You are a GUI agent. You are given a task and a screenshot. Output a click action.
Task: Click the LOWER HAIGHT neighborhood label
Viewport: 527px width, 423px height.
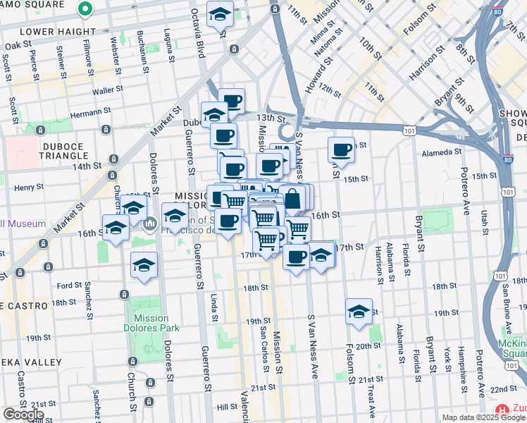click(58, 32)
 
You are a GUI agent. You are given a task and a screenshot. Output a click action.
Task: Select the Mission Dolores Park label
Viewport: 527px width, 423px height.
click(156, 323)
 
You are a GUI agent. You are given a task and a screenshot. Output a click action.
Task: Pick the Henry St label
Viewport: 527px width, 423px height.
click(29, 188)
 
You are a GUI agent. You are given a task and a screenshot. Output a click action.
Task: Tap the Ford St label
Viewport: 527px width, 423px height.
click(69, 286)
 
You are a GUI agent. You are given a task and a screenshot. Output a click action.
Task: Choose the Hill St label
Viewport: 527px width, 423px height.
click(228, 407)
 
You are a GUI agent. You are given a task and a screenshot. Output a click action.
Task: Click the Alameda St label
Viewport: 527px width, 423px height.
click(440, 151)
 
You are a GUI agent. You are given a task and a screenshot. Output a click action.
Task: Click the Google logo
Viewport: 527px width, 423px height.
click(23, 415)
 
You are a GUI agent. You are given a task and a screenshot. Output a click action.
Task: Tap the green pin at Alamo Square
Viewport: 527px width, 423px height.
click(85, 9)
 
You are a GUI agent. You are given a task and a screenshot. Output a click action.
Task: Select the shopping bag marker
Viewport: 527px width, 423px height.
click(293, 200)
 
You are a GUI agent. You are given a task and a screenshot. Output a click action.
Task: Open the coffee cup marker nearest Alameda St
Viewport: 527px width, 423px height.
click(342, 149)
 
